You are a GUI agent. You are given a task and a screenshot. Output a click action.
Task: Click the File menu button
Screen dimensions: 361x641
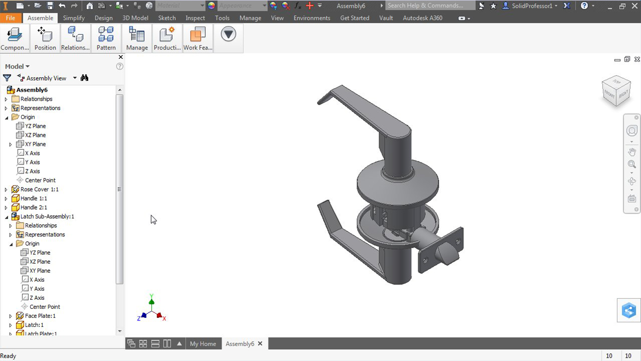click(x=11, y=18)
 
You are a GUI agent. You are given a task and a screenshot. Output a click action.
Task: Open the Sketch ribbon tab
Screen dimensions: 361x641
click(x=167, y=18)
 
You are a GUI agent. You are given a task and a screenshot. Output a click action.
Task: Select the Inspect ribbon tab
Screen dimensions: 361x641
click(x=195, y=18)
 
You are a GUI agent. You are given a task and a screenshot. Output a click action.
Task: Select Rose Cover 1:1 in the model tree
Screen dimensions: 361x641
click(x=39, y=190)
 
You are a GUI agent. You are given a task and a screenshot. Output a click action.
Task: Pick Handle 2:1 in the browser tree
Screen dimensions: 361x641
click(x=34, y=208)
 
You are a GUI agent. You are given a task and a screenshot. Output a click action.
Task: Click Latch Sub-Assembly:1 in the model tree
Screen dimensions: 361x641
click(x=47, y=217)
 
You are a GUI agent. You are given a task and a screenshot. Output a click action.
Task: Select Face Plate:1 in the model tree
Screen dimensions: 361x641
click(x=40, y=316)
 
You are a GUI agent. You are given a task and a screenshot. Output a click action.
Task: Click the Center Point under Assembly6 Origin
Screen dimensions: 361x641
click(x=40, y=180)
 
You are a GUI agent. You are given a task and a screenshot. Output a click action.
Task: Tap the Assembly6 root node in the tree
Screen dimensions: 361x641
click(x=32, y=90)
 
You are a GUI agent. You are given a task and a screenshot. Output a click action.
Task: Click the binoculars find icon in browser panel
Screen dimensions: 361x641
click(x=84, y=78)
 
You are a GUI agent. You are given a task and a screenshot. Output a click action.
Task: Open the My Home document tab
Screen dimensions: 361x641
click(x=203, y=344)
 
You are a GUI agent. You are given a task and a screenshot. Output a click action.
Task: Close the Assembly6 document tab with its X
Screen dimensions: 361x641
click(x=260, y=343)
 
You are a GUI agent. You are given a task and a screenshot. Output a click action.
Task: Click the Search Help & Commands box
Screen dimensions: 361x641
click(x=430, y=6)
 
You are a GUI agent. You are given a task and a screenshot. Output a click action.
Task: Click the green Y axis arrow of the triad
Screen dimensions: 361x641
click(x=151, y=300)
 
